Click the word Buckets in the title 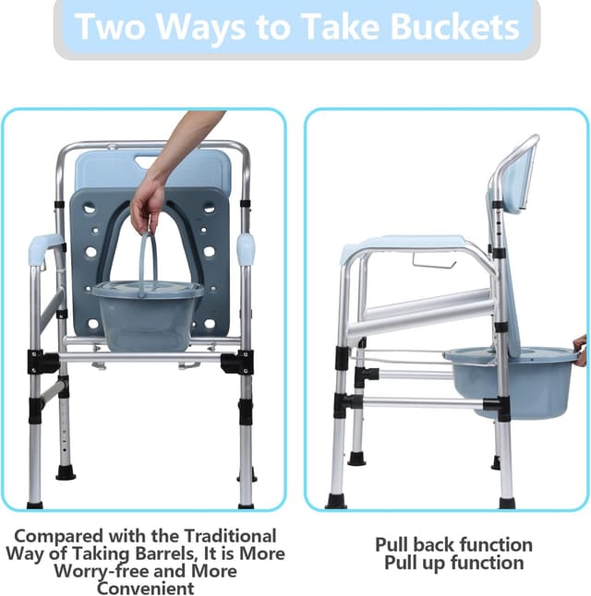454,26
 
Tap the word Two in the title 110,26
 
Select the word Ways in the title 201,27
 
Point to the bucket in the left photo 148,315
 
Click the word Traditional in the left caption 230,536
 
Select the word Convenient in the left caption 145,588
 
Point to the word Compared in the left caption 60,537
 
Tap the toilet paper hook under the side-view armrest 434,261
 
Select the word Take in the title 341,26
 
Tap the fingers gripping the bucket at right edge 581,350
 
